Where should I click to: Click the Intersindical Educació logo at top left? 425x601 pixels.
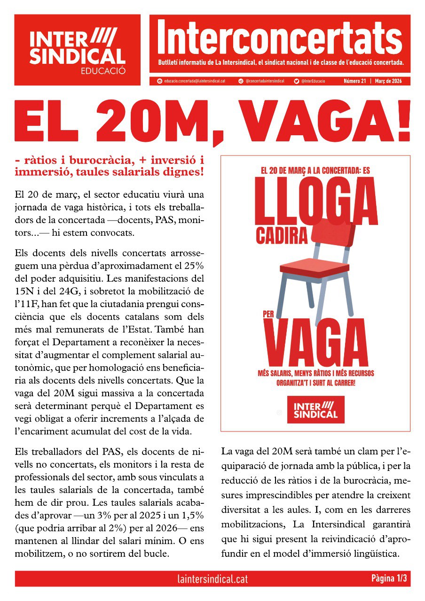pyautogui.click(x=78, y=50)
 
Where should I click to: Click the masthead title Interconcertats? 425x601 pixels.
pyautogui.click(x=280, y=38)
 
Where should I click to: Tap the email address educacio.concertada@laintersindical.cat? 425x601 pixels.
pyautogui.click(x=191, y=81)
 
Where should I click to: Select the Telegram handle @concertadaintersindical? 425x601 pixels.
pyautogui.click(x=265, y=81)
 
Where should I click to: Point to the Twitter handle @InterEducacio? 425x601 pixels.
pyautogui.click(x=316, y=81)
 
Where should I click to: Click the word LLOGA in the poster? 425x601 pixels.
pyautogui.click(x=315, y=206)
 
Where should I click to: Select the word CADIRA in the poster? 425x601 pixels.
pyautogui.click(x=281, y=235)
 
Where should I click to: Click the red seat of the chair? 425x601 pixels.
pyautogui.click(x=314, y=266)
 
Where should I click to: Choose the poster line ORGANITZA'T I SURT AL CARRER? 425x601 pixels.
pyautogui.click(x=315, y=382)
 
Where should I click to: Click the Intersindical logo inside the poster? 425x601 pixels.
pyautogui.click(x=315, y=409)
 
